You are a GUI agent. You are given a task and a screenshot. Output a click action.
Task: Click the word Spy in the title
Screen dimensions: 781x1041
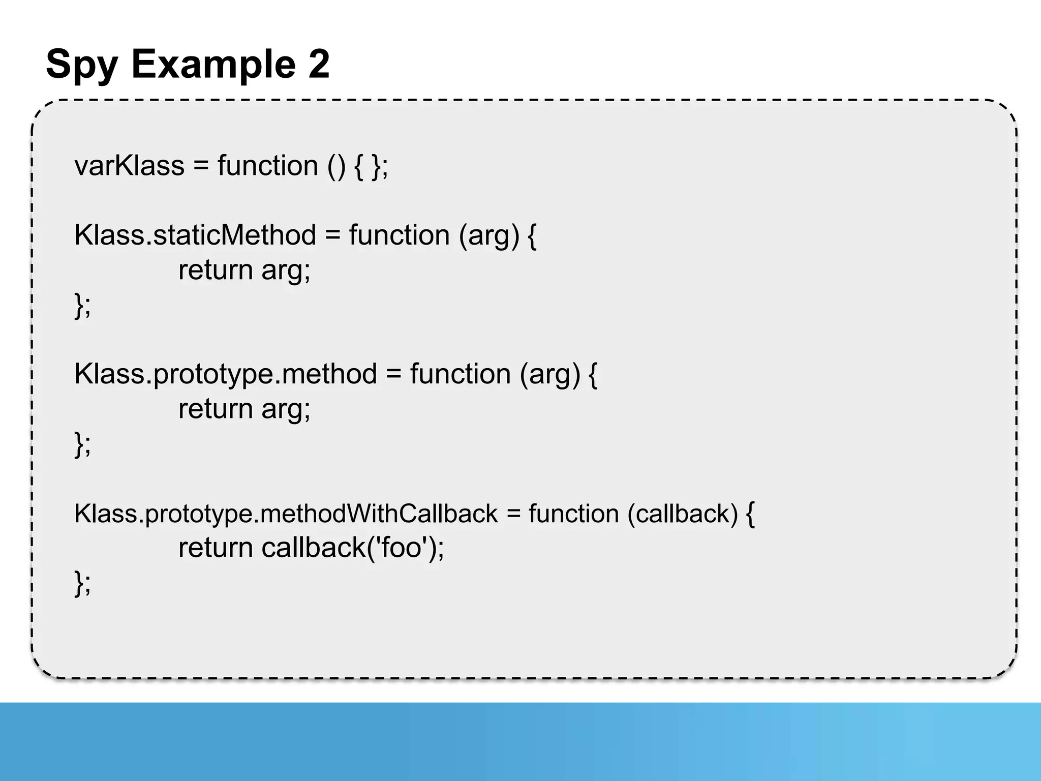coord(82,65)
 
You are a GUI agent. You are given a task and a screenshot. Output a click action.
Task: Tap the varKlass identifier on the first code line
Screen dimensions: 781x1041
coord(129,166)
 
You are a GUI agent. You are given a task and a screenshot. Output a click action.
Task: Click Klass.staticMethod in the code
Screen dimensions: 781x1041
coord(195,235)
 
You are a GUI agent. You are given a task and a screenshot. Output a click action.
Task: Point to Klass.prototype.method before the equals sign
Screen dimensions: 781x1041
coord(226,374)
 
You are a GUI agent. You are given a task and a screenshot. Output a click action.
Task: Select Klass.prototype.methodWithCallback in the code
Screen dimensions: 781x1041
coord(286,514)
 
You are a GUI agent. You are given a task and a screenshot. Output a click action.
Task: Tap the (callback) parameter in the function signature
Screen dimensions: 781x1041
coord(682,514)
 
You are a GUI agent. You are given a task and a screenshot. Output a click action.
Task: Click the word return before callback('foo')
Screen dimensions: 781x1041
coord(216,548)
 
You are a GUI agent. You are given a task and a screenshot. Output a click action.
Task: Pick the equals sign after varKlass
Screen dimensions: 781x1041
coord(201,166)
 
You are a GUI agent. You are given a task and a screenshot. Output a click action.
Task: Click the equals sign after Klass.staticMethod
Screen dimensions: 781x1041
coord(332,235)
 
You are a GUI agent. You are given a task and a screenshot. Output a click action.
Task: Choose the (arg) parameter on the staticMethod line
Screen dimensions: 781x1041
coord(489,235)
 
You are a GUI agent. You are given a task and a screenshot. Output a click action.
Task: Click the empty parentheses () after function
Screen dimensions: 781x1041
coord(336,166)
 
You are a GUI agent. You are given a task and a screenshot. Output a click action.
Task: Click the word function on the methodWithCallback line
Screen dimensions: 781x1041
coord(573,514)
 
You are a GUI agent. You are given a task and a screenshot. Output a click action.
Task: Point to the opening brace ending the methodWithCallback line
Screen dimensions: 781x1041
coord(750,514)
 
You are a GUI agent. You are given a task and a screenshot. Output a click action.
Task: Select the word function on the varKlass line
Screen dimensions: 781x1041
coord(268,166)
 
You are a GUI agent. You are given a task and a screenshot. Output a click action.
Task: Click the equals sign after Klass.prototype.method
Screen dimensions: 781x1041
coord(393,374)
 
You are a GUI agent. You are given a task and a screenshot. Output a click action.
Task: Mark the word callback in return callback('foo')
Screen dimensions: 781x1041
coord(314,548)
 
